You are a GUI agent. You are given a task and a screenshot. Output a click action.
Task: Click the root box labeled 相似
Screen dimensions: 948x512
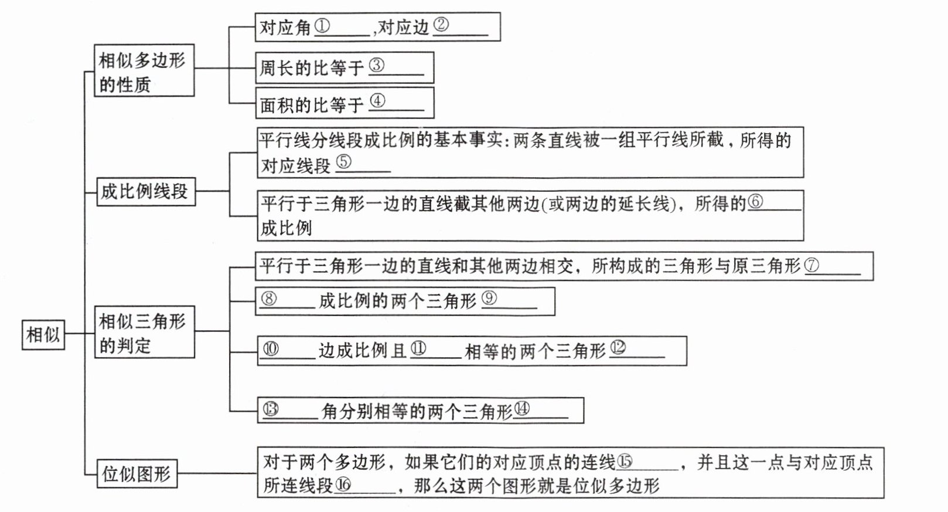click(43, 334)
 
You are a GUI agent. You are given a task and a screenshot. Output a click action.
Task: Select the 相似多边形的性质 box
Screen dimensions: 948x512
click(144, 70)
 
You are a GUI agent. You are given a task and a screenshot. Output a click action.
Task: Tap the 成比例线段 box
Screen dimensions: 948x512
click(145, 191)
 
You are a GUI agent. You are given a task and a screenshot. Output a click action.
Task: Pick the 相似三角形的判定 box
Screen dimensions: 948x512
click(144, 332)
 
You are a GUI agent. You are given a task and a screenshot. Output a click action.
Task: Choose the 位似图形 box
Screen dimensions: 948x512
click(137, 473)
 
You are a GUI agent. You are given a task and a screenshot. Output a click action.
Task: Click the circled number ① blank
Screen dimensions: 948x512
click(322, 26)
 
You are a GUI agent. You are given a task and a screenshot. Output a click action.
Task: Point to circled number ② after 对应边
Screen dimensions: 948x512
click(441, 26)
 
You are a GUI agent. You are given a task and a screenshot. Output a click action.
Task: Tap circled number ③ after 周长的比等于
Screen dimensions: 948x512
click(377, 65)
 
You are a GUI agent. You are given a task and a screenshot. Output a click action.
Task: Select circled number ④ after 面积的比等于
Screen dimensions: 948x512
click(377, 101)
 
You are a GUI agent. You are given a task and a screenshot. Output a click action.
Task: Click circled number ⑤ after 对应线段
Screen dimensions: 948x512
click(344, 162)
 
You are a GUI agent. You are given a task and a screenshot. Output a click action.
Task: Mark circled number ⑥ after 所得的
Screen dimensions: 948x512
click(756, 202)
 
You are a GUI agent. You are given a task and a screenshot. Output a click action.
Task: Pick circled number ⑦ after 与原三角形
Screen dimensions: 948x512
click(812, 265)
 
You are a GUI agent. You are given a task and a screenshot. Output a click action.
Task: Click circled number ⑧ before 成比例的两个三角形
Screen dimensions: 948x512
click(269, 299)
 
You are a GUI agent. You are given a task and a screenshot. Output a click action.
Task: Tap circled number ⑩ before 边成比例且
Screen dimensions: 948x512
click(271, 349)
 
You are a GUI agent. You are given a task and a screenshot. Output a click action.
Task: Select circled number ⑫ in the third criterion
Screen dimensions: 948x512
click(618, 348)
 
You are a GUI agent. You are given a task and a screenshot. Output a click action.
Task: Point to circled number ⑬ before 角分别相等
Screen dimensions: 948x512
click(271, 409)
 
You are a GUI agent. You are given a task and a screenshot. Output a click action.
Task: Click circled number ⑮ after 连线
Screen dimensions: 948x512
click(625, 462)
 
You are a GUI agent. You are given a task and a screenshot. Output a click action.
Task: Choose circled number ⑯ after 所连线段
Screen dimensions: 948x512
click(343, 484)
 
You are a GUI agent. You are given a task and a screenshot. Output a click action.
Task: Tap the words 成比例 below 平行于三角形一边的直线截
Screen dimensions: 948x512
click(287, 228)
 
